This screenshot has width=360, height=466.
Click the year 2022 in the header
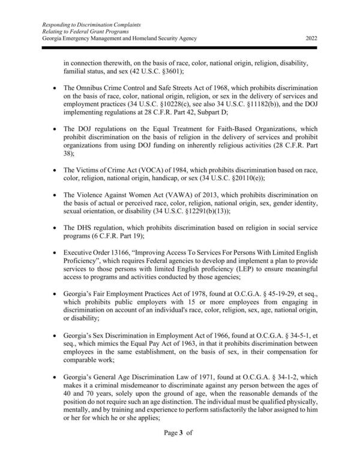[x=311, y=38]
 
